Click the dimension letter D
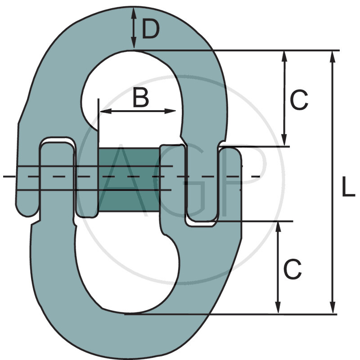point(151,29)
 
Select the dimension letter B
point(141,98)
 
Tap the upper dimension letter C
point(299,100)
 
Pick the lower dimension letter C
point(292,269)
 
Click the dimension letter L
point(348,187)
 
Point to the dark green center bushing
point(129,180)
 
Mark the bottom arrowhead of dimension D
point(134,43)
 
